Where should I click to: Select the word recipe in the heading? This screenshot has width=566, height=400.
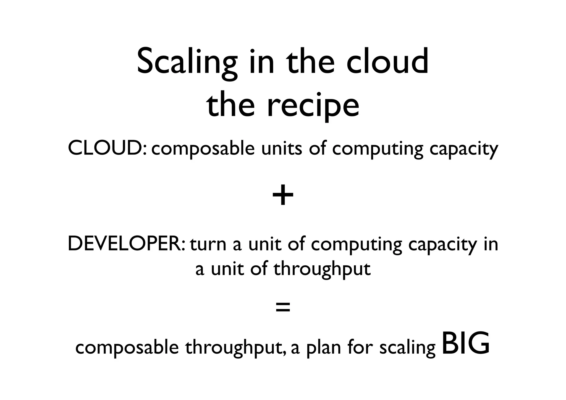point(313,106)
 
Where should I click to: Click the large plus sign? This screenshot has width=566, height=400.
point(283,196)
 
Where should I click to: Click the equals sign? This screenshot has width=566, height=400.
point(283,307)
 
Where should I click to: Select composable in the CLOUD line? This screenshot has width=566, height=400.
point(203,149)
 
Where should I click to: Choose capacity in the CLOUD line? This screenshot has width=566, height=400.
point(463,149)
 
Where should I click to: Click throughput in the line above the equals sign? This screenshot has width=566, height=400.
point(322,269)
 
